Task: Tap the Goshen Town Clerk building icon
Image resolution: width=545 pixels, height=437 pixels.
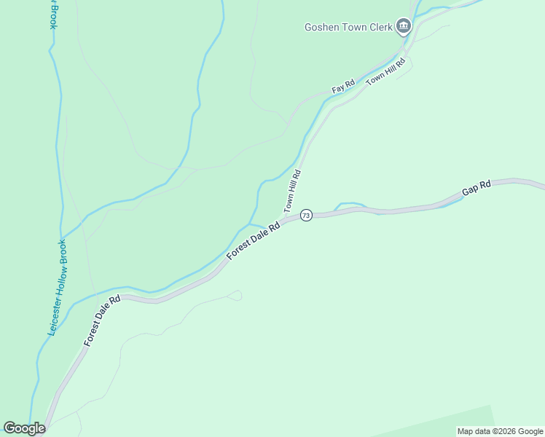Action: coord(404,28)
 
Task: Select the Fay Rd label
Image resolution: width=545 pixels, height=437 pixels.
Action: coord(342,87)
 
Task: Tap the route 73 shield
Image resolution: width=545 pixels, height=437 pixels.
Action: coord(306,216)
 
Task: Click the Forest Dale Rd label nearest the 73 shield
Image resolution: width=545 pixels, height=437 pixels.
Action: coord(254,241)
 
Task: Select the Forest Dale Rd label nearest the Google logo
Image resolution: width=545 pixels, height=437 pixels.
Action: coord(102,320)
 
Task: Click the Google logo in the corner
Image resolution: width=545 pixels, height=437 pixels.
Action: coord(25,428)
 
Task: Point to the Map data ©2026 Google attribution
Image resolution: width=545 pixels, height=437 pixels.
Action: coord(501,431)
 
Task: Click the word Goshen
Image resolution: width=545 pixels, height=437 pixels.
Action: coord(320,28)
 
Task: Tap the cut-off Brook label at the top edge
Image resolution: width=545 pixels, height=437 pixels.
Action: coord(52,13)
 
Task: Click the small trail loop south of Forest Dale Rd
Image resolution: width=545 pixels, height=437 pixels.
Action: coord(235,295)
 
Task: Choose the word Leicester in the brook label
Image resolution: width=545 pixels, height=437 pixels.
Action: coord(52,319)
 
